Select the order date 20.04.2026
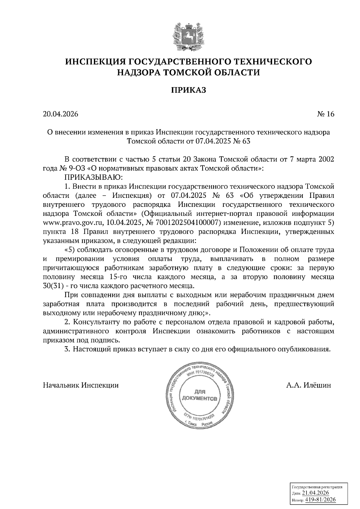61,114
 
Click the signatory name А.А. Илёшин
308,385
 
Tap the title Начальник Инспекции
81,385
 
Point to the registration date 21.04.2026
315,493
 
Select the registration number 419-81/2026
320,500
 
